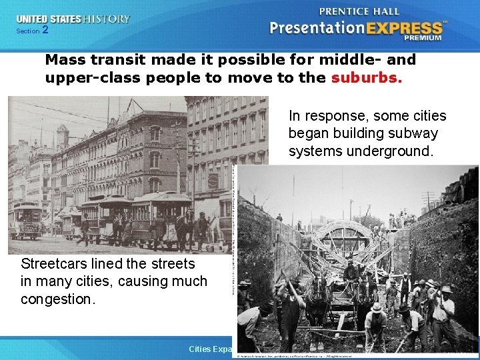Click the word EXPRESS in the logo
point(405,28)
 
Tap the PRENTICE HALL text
point(361,11)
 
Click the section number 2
point(45,30)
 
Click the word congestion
point(58,299)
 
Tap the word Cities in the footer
point(200,349)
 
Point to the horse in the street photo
point(185,227)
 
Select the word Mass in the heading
point(65,59)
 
